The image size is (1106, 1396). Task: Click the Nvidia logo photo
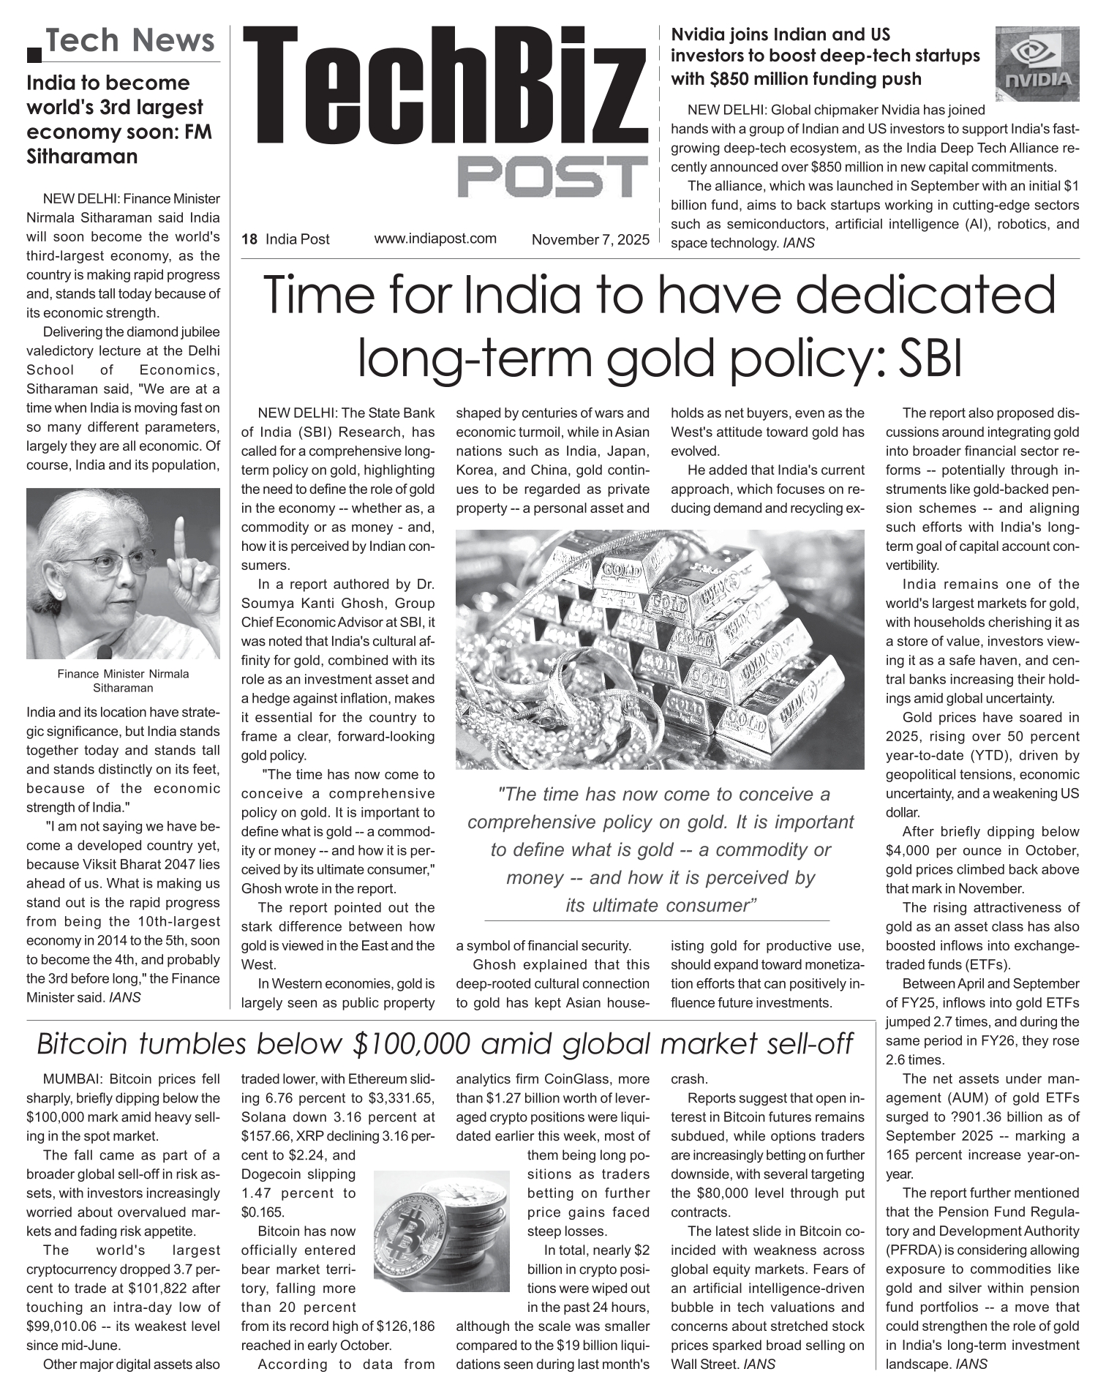click(1037, 64)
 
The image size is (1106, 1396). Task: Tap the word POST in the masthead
click(553, 176)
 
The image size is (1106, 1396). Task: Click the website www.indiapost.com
click(435, 239)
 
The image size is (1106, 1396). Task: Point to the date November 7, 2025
click(590, 239)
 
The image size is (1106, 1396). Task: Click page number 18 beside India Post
click(249, 239)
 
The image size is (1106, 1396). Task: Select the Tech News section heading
click(130, 40)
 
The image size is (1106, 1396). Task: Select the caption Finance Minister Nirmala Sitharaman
click(123, 680)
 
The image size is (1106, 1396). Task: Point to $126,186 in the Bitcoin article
click(405, 1326)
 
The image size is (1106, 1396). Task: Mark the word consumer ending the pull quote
click(719, 905)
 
